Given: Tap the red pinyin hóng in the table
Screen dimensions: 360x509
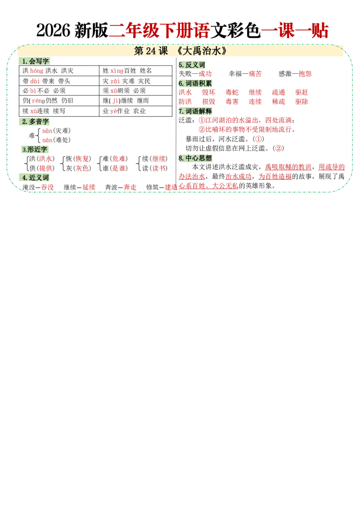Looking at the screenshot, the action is [x=37, y=71].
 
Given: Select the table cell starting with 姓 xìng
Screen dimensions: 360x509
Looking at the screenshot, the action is [x=135, y=71].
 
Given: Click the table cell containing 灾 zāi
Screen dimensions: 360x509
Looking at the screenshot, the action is [x=135, y=81].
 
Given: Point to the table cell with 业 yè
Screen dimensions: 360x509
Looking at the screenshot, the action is [x=135, y=111].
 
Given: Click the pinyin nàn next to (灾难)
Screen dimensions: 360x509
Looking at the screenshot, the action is [x=47, y=130].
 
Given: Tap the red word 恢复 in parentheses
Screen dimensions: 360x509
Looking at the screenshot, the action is [x=82, y=159].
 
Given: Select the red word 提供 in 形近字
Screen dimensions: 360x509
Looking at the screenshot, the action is [x=45, y=168].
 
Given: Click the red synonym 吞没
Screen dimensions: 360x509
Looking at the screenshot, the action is [x=47, y=188].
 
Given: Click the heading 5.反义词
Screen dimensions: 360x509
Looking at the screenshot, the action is [x=192, y=65].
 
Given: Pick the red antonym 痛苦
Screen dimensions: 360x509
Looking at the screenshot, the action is [x=255, y=74].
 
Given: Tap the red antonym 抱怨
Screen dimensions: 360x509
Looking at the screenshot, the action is [x=305, y=74].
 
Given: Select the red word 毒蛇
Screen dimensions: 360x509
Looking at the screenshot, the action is [x=232, y=92].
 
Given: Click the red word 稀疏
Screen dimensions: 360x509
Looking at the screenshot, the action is [x=279, y=102].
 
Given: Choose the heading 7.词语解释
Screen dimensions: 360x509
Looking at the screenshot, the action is [x=195, y=111].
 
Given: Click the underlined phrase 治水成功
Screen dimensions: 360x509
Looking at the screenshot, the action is [x=238, y=176].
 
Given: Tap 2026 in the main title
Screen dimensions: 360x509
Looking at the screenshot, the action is [x=53, y=31].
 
